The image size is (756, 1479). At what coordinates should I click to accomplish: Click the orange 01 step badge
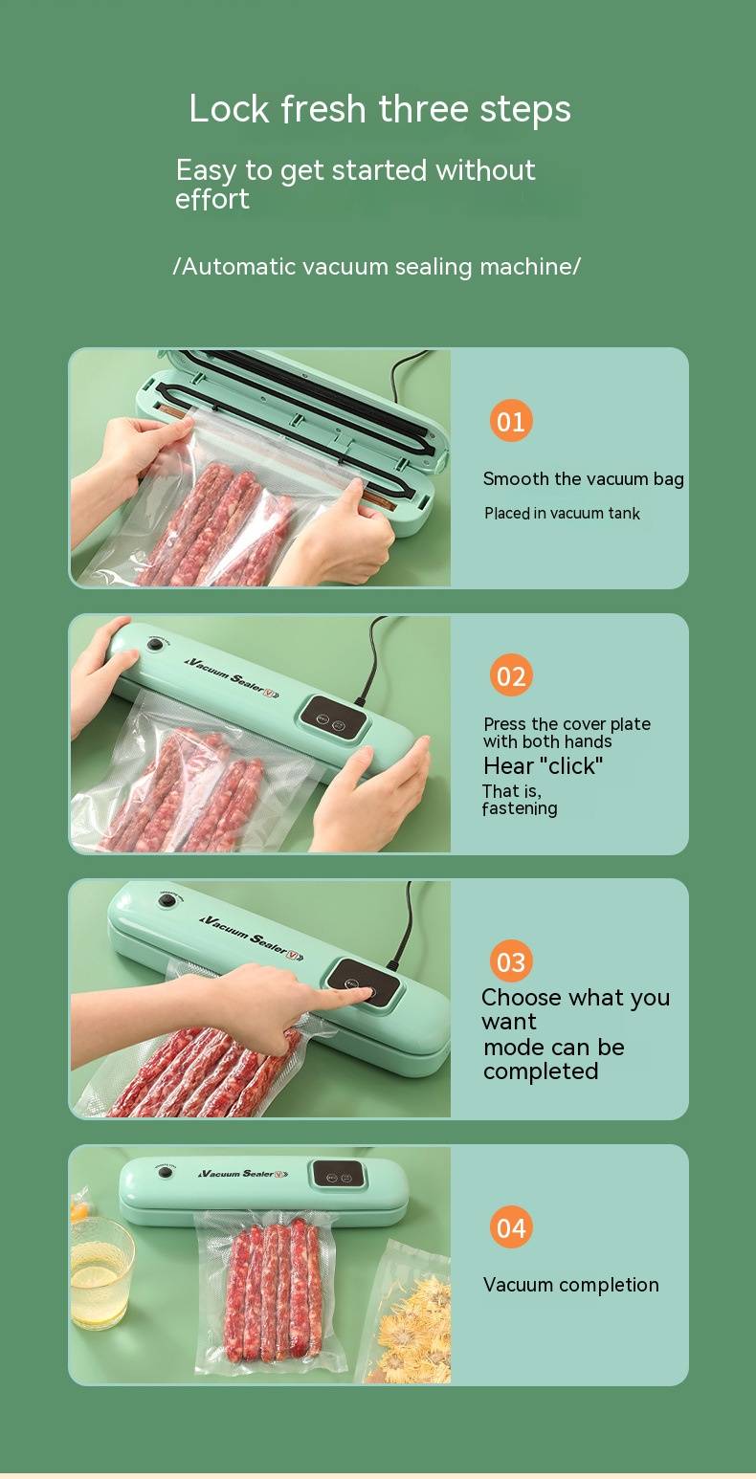510,421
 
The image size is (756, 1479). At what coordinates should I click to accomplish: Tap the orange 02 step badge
510,675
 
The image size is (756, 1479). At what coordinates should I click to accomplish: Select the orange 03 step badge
510,961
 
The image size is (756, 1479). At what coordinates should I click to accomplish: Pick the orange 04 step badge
510,1228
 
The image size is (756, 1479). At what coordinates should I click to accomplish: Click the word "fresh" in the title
323,109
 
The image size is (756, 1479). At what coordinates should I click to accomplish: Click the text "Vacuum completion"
571,1285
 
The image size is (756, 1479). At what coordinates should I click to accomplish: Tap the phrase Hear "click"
543,766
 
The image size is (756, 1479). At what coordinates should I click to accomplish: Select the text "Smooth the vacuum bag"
583,478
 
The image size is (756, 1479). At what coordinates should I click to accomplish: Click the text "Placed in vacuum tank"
562,513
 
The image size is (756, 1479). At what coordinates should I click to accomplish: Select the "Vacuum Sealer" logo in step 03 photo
252,937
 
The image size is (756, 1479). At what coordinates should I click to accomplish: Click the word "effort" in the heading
211,199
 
